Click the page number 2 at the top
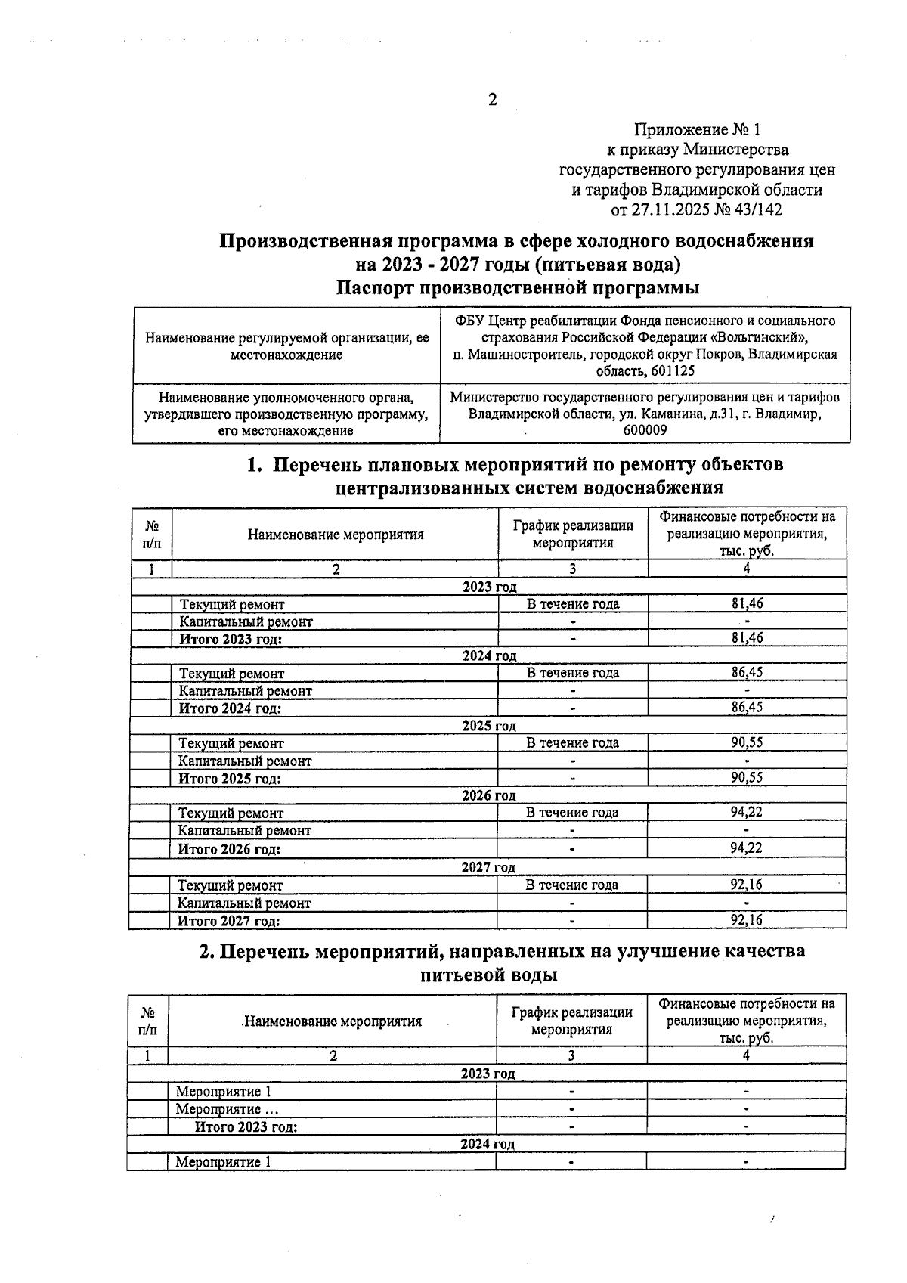(x=492, y=101)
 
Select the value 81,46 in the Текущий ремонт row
(x=746, y=603)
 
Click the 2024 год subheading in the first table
(x=489, y=655)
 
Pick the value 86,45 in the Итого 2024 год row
(x=746, y=708)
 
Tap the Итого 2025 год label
(x=229, y=779)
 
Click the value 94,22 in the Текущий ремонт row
(x=746, y=813)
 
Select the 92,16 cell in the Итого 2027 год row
(x=746, y=920)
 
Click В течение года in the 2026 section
(x=572, y=813)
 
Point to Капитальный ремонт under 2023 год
(x=246, y=621)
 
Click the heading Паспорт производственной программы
(x=517, y=288)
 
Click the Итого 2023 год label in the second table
(x=246, y=1126)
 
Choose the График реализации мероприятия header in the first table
(x=572, y=534)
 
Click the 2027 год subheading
(x=488, y=867)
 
